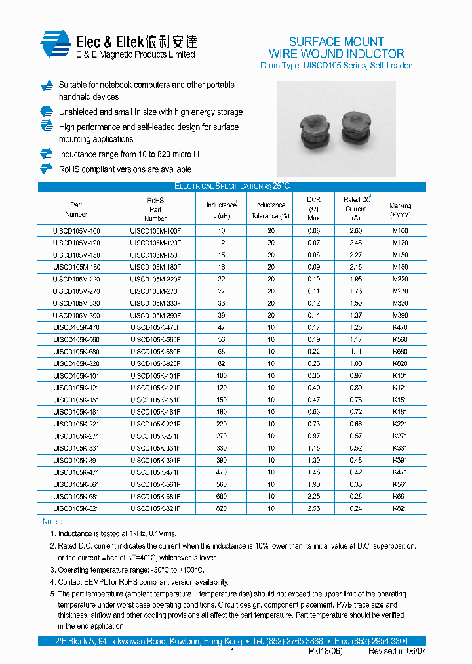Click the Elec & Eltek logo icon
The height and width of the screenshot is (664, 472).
[x=55, y=45]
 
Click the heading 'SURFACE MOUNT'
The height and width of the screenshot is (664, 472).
[x=336, y=41]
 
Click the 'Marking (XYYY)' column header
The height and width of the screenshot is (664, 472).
[x=400, y=210]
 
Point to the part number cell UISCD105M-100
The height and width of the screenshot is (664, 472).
[x=77, y=231]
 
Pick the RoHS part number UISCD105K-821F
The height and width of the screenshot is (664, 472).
[x=155, y=508]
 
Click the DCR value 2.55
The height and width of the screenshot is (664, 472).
[x=314, y=508]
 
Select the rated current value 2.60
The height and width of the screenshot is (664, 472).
[x=355, y=231]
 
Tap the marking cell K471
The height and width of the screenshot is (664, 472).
[x=400, y=472]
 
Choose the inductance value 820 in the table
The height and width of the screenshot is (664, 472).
[x=222, y=508]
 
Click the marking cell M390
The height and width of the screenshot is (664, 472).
[x=400, y=316]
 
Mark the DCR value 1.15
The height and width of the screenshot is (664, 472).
[x=314, y=448]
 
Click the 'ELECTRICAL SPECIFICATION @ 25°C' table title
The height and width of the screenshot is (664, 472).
[x=232, y=186]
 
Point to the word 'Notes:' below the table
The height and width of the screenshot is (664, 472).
[x=52, y=522]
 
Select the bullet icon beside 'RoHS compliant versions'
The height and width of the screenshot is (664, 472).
[x=46, y=169]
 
